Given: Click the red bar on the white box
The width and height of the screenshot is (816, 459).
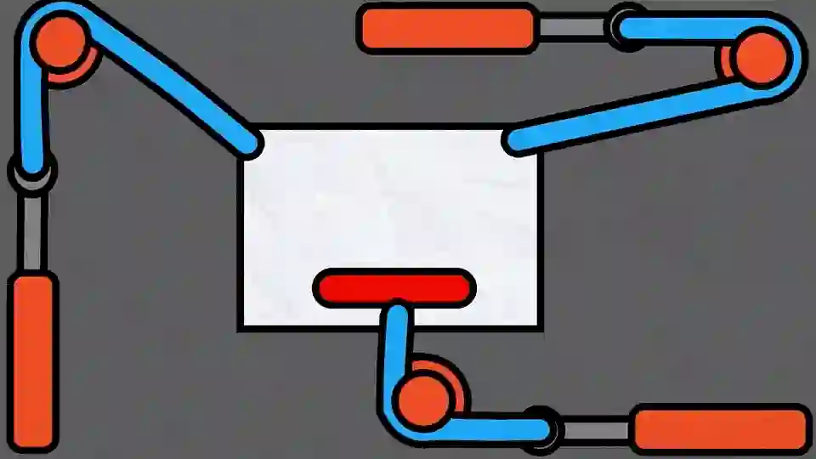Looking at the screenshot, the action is (x=394, y=287).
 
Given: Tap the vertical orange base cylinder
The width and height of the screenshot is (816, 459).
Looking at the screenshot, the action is (x=35, y=361).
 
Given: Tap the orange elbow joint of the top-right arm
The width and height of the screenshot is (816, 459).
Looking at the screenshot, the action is (x=759, y=57).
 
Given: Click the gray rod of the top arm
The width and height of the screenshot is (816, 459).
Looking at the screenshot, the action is (x=572, y=28).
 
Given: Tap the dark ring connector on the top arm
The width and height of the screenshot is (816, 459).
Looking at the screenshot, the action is (x=626, y=27).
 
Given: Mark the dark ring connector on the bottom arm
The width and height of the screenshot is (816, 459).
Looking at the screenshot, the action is (x=541, y=427).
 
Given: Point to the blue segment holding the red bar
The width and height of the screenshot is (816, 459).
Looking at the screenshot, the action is (x=395, y=348).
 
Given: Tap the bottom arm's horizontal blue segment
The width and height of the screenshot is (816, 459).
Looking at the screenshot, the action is (x=493, y=427).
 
